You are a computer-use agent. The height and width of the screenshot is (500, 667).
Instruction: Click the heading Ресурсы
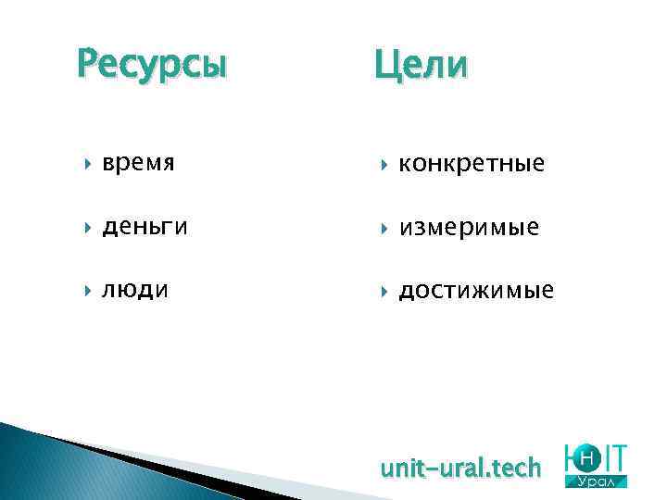click(x=151, y=66)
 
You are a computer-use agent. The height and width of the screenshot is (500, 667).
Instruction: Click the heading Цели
click(x=422, y=66)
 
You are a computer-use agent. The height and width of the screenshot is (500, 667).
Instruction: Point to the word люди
click(x=136, y=290)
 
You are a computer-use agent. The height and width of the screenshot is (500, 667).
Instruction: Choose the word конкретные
click(x=472, y=164)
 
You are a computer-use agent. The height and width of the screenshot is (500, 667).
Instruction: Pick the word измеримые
click(x=469, y=227)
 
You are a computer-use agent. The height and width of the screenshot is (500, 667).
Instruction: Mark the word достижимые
click(x=476, y=291)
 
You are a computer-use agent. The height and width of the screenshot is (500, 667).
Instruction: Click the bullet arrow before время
click(x=88, y=164)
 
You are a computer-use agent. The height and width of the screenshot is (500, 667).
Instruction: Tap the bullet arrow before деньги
click(x=88, y=227)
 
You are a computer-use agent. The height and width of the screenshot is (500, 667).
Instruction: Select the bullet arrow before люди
click(x=88, y=291)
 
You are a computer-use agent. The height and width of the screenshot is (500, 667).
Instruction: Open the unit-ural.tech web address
click(x=460, y=469)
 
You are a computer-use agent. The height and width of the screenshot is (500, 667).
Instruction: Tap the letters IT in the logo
click(x=615, y=457)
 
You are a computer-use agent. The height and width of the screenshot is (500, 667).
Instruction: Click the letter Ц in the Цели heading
click(x=387, y=67)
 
